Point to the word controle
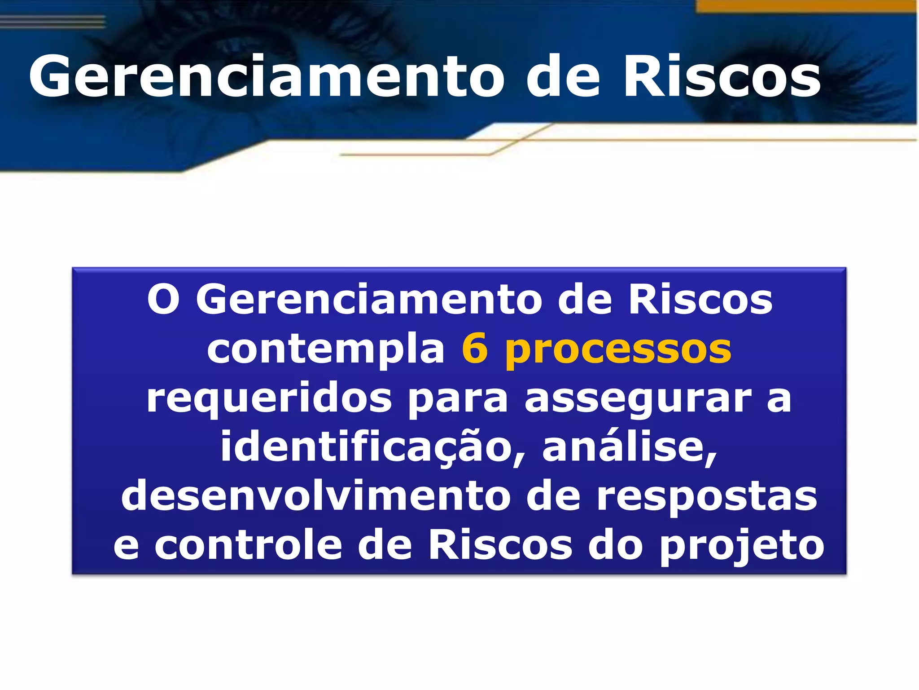[249, 545]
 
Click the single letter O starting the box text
[164, 300]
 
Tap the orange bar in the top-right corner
[805, 6]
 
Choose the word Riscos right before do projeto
[500, 545]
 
